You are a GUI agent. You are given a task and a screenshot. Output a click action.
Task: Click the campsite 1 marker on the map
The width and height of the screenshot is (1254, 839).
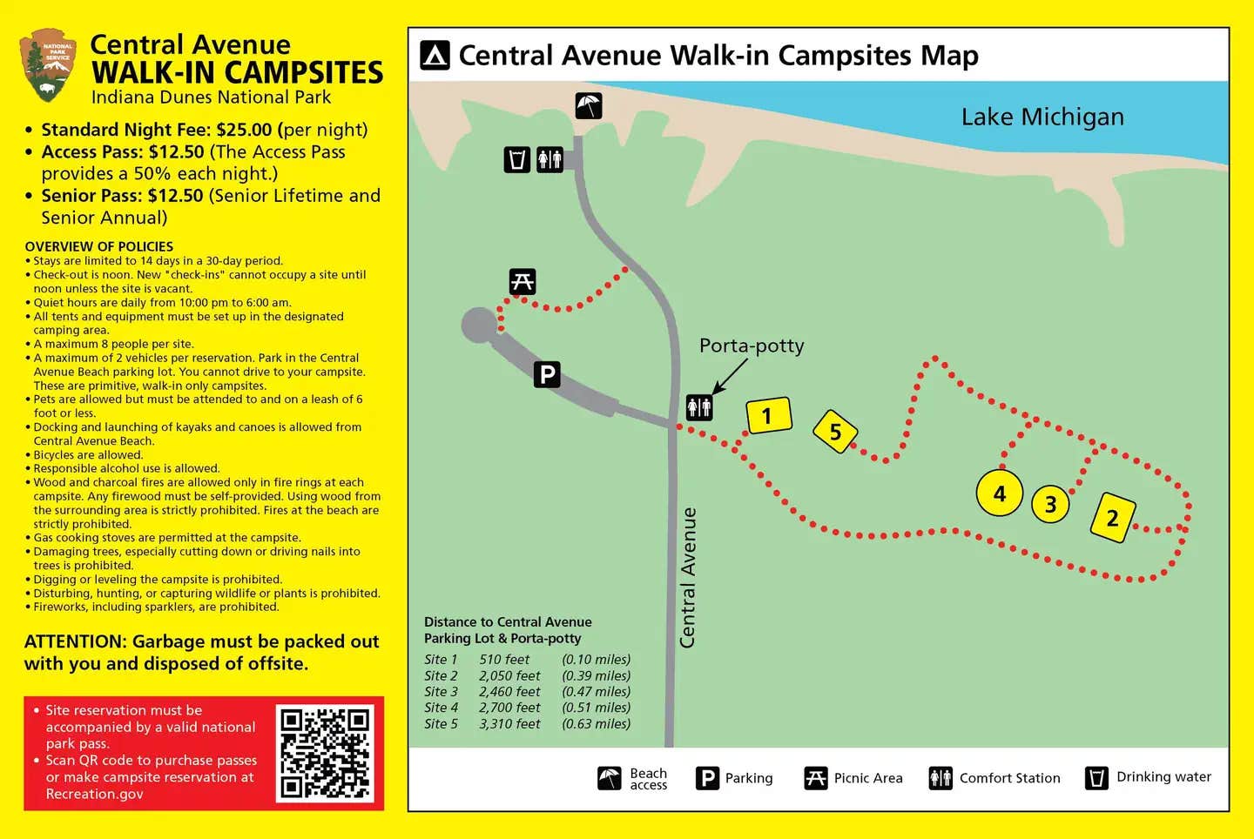pyautogui.click(x=769, y=416)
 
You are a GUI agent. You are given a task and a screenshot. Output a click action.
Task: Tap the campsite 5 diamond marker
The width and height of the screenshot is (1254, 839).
pyautogui.click(x=835, y=432)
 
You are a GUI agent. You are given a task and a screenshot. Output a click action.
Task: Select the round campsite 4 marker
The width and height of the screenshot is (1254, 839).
pyautogui.click(x=999, y=493)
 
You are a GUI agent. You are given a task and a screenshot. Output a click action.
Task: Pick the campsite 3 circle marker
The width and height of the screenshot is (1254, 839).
pyautogui.click(x=1050, y=504)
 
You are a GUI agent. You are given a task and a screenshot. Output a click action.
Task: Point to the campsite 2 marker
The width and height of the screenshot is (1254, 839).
pyautogui.click(x=1112, y=518)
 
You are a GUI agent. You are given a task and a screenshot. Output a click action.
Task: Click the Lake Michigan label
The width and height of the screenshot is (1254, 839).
pyautogui.click(x=1042, y=117)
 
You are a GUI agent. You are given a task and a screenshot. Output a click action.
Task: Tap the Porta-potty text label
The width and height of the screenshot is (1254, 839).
pyautogui.click(x=752, y=346)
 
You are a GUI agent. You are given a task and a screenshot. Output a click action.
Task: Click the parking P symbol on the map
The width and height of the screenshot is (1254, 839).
pyautogui.click(x=547, y=374)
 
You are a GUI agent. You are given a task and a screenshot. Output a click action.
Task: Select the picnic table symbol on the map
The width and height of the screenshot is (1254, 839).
pyautogui.click(x=522, y=282)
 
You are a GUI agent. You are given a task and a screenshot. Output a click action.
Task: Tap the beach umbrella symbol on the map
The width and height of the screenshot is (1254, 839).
pyautogui.click(x=589, y=106)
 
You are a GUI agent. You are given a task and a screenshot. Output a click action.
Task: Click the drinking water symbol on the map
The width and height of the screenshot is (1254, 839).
pyautogui.click(x=517, y=159)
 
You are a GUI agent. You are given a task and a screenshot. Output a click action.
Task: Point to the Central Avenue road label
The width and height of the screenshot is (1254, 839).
pyautogui.click(x=688, y=577)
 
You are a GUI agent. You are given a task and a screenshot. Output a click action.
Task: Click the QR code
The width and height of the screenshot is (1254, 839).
pyautogui.click(x=325, y=753)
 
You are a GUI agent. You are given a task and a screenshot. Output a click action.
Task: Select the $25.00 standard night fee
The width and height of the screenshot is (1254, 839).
pyautogui.click(x=244, y=130)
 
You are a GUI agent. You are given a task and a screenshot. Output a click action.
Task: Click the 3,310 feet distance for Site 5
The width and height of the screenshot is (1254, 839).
pyautogui.click(x=509, y=723)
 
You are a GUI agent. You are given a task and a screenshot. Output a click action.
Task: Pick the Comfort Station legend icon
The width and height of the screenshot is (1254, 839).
pyautogui.click(x=940, y=777)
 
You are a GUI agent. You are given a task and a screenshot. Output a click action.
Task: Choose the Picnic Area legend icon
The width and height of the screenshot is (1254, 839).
pyautogui.click(x=815, y=777)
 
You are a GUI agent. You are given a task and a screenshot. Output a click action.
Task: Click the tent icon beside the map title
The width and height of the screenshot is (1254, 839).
pyautogui.click(x=435, y=56)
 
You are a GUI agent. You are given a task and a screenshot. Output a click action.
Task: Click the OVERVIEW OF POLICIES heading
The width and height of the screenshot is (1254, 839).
pyautogui.click(x=99, y=246)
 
